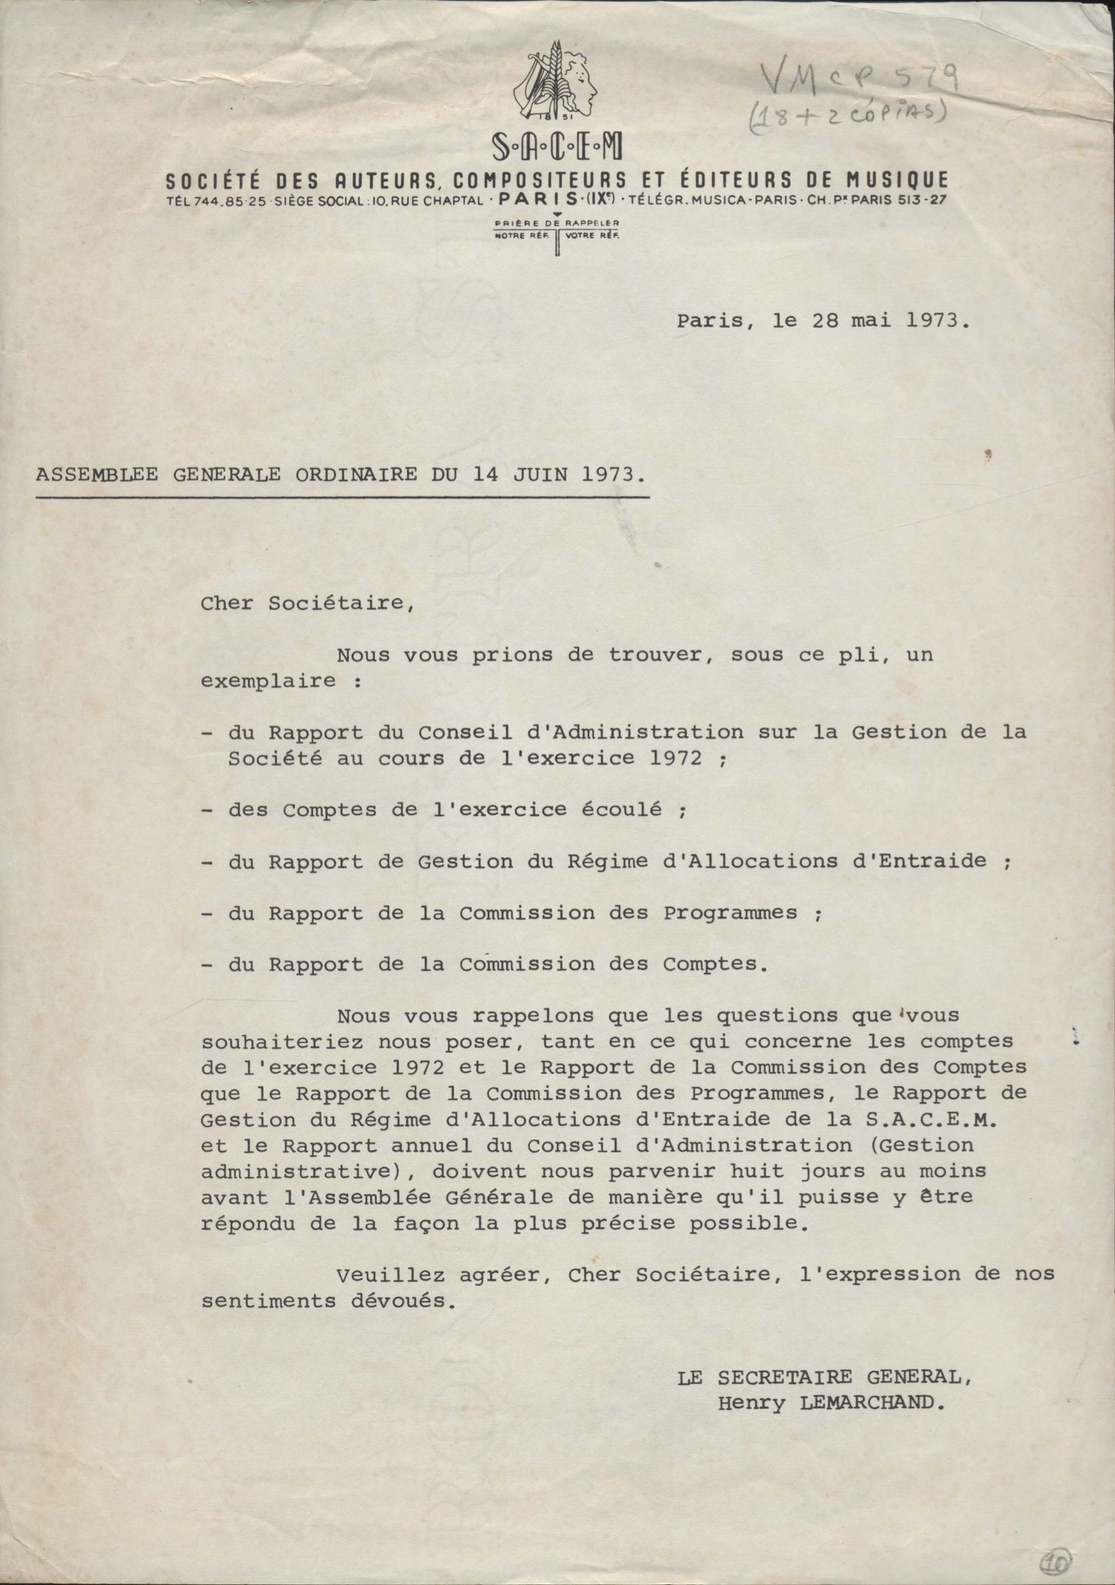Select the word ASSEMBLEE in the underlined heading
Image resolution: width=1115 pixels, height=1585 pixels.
point(96,475)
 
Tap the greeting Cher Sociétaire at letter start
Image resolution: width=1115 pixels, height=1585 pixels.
point(308,603)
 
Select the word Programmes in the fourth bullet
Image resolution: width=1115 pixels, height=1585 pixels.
point(730,913)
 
